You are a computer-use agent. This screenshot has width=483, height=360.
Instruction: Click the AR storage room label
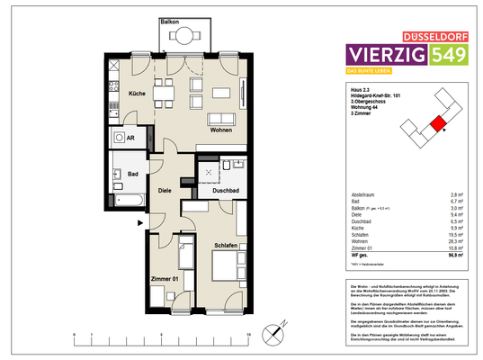pos(130,139)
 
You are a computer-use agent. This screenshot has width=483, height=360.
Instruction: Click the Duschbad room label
pos(226,192)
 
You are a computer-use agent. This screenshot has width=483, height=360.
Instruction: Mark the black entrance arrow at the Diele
pos(139,221)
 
